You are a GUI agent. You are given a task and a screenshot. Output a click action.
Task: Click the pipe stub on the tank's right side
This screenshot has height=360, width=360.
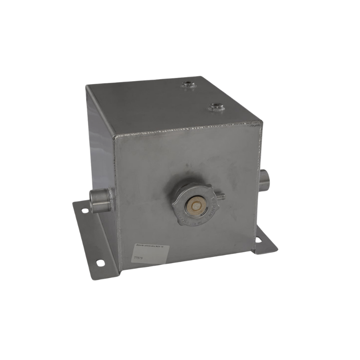(265, 179)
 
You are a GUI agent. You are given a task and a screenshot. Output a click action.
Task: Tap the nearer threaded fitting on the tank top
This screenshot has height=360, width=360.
(216, 107)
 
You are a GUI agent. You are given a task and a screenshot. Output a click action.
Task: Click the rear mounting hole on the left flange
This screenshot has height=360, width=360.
(84, 210)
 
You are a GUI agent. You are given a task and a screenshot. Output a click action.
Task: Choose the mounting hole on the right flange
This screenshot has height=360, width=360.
(259, 239)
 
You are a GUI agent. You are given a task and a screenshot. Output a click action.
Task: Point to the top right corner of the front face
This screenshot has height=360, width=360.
(261, 121)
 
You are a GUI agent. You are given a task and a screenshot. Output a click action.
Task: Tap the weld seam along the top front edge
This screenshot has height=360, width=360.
(189, 128)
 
